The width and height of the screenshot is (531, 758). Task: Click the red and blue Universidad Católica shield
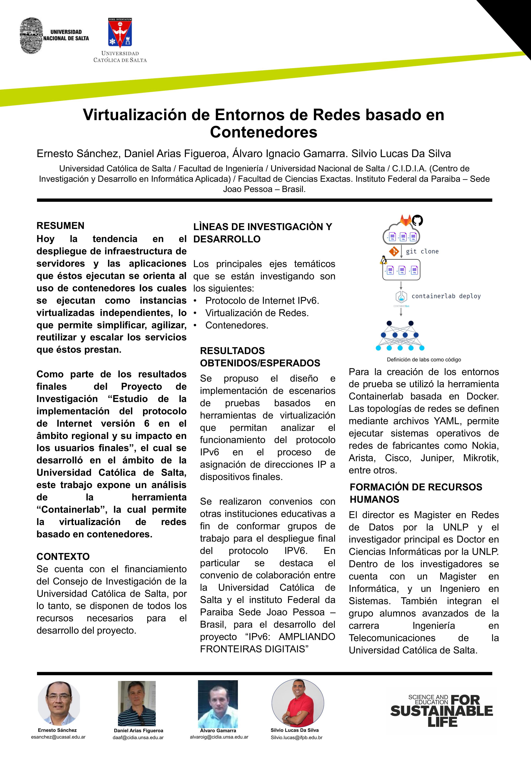coord(120,33)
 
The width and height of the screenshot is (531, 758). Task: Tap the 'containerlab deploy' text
coord(446,296)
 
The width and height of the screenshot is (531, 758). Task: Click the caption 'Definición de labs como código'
coord(424,359)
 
